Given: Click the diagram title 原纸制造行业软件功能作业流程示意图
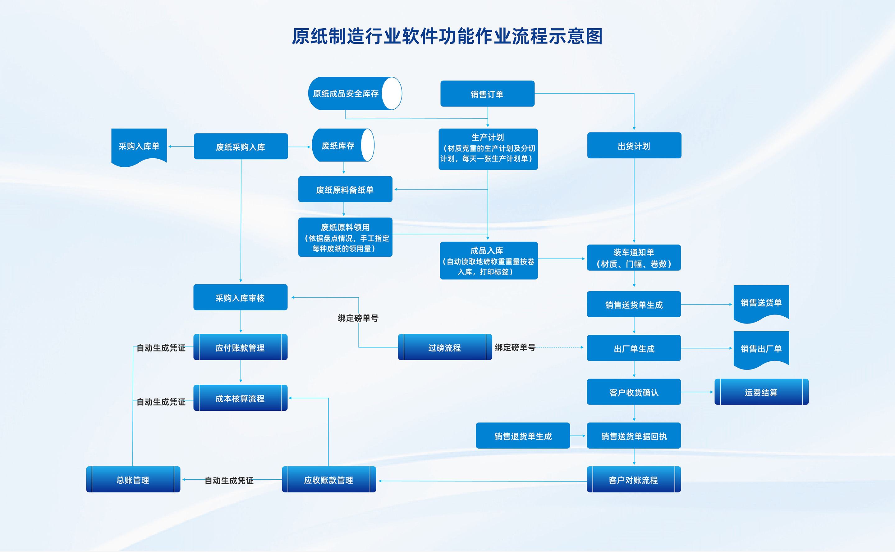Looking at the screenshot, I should pos(447,37).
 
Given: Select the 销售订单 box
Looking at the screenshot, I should pos(487,94).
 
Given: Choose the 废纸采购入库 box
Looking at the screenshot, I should pos(241,147).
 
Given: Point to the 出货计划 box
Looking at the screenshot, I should pos(634,146).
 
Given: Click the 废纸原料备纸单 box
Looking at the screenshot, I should pos(345,189).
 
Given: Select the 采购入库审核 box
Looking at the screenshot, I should pos(240,297).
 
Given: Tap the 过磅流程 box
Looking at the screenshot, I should pos(445,347).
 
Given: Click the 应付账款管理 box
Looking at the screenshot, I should pos(240,347).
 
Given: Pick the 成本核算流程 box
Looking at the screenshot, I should pos(240,398).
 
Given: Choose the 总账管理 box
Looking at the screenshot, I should pos(133,479).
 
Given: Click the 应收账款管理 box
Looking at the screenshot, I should pos(328,479).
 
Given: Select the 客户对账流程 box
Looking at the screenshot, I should pos(634,479).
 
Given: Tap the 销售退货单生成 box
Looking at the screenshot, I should pos(523,436).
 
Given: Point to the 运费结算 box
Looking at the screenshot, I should pos(761,392).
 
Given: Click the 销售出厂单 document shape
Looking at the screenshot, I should pos(761,348).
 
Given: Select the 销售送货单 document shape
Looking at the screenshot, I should pos(761,302).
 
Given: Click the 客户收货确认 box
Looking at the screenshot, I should pos(634,392).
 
